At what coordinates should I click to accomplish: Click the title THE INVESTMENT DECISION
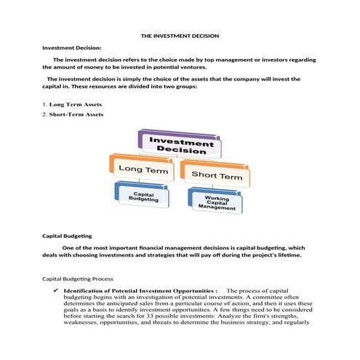[x=179, y=36]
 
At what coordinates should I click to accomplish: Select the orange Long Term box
[x=141, y=170]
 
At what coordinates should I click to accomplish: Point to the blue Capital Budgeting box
[x=143, y=194]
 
